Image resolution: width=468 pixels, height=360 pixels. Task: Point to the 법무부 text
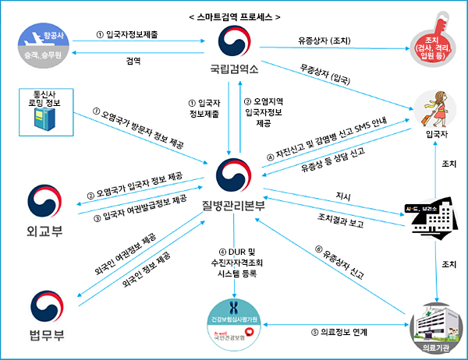46,337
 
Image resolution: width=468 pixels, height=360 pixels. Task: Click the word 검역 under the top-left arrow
133,61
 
